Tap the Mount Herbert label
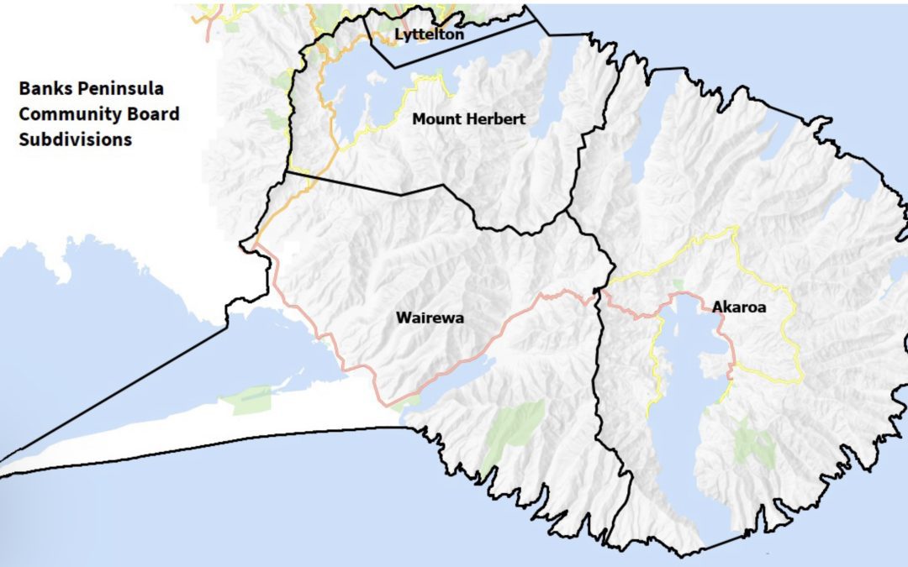pyautogui.click(x=468, y=119)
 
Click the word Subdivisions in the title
pyautogui.click(x=76, y=139)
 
